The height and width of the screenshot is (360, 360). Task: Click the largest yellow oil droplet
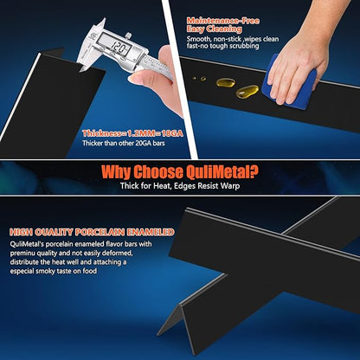click(247, 91)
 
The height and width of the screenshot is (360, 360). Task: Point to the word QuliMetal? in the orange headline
click(222, 172)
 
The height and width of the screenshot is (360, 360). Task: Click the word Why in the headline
click(116, 172)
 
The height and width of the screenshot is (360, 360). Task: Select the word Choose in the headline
click(157, 172)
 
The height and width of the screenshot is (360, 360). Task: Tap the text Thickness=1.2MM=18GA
click(132, 133)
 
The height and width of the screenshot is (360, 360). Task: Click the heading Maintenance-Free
click(223, 21)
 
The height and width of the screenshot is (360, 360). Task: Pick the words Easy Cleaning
click(214, 29)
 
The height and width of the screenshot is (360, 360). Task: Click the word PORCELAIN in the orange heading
click(100, 232)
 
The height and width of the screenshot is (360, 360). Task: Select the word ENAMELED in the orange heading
click(151, 232)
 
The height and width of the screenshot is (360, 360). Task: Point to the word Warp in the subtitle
click(230, 185)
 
